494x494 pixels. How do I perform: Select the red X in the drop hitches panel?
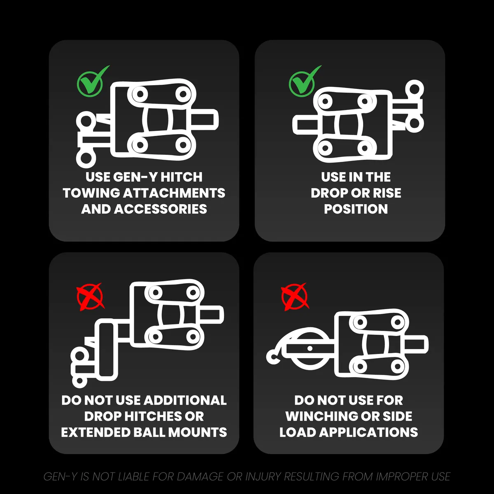(90, 296)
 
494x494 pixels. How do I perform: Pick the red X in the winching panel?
(295, 296)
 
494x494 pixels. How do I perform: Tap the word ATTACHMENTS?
(174, 193)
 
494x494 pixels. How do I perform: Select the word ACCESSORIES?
(161, 209)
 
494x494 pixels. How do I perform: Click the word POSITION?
(356, 209)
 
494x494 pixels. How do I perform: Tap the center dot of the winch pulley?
(310, 348)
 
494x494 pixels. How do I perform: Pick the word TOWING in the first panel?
(91, 193)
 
